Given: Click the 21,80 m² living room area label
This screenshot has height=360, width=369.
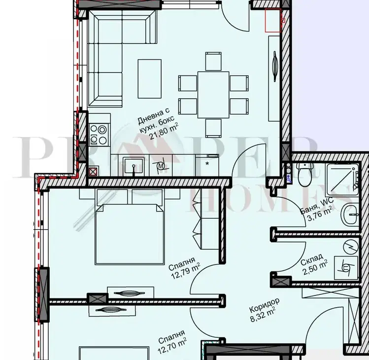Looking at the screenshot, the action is [164, 132].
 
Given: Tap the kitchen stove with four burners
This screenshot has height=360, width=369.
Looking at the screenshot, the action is [99, 134].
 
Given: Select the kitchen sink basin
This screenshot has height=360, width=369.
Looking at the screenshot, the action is [134, 165].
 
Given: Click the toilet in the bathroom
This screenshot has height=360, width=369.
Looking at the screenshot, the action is [305, 174].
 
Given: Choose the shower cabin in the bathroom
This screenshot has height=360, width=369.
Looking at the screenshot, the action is [342, 180].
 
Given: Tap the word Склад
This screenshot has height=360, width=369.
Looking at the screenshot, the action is [312, 259].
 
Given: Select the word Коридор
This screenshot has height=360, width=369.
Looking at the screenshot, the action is [264, 305].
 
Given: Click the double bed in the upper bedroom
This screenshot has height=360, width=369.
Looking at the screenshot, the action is [130, 234].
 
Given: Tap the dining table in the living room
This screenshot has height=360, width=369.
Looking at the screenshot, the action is [213, 95].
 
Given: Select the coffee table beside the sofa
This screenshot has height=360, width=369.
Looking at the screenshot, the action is [149, 79].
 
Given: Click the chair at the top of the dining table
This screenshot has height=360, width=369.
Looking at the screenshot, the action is [213, 61].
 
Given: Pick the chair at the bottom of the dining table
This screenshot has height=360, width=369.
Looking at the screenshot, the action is [213, 128].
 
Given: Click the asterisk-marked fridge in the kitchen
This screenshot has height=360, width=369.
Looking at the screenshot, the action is [207, 165].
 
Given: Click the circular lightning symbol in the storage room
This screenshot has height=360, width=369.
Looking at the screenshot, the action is [351, 247].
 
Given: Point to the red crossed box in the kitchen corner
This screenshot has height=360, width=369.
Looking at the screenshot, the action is [93, 171].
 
